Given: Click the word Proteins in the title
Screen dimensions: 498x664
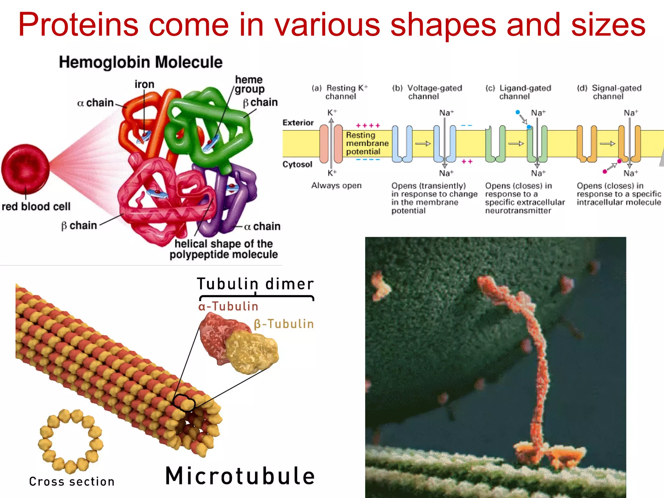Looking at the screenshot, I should pyautogui.click(x=78, y=25).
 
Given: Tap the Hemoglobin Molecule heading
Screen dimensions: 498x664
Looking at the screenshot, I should pyautogui.click(x=141, y=62).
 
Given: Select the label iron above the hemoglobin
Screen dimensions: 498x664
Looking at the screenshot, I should pyautogui.click(x=144, y=84).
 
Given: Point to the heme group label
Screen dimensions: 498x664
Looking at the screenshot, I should pyautogui.click(x=249, y=84).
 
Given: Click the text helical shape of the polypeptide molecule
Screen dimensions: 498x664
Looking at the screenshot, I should pyautogui.click(x=223, y=249).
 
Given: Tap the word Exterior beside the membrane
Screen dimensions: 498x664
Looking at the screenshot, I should pyautogui.click(x=298, y=123).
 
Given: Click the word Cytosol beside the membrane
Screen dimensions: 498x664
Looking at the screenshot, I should pyautogui.click(x=297, y=164).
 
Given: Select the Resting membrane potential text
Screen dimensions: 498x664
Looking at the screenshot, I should pyautogui.click(x=367, y=143).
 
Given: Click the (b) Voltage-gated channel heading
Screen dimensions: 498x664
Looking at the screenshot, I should pyautogui.click(x=427, y=92).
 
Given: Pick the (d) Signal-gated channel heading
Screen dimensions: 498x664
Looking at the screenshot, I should pyautogui.click(x=609, y=92).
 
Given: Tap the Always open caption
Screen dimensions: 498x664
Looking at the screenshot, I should pyautogui.click(x=336, y=185).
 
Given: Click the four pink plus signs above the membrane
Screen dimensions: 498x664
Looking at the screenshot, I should pyautogui.click(x=368, y=126).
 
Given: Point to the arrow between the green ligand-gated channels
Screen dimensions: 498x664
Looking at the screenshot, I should pyautogui.click(x=516, y=144).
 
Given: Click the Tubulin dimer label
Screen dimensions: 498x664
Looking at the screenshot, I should pyautogui.click(x=255, y=284).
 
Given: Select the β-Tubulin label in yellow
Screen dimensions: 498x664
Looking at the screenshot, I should pyautogui.click(x=284, y=324).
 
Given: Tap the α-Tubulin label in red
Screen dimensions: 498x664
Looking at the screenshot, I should pyautogui.click(x=228, y=306).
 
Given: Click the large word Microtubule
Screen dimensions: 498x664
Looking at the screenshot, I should pyautogui.click(x=240, y=476).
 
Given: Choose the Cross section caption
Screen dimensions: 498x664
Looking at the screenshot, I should pyautogui.click(x=72, y=482).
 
